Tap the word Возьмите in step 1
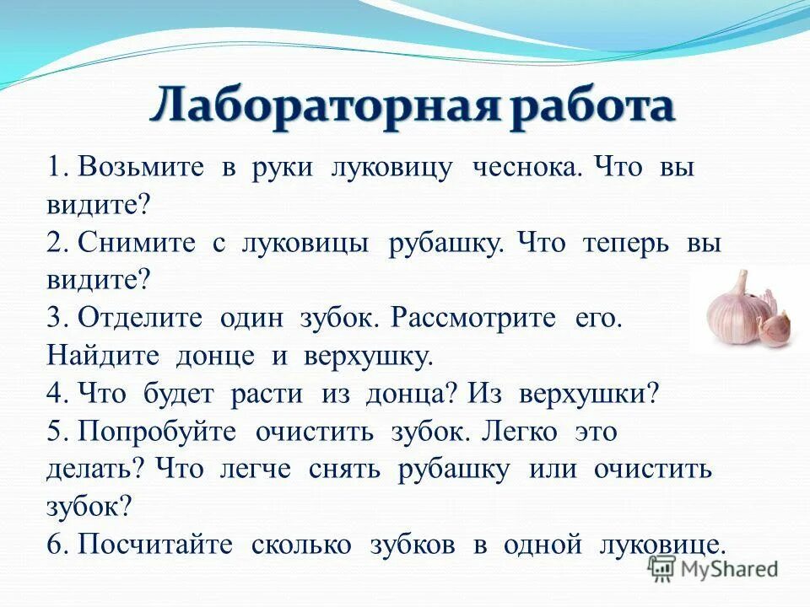click(x=140, y=168)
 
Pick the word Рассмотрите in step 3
click(x=477, y=319)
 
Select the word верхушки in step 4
click(x=582, y=395)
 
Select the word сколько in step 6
click(x=301, y=545)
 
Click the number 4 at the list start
click(x=56, y=395)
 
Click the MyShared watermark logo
click(x=713, y=568)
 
